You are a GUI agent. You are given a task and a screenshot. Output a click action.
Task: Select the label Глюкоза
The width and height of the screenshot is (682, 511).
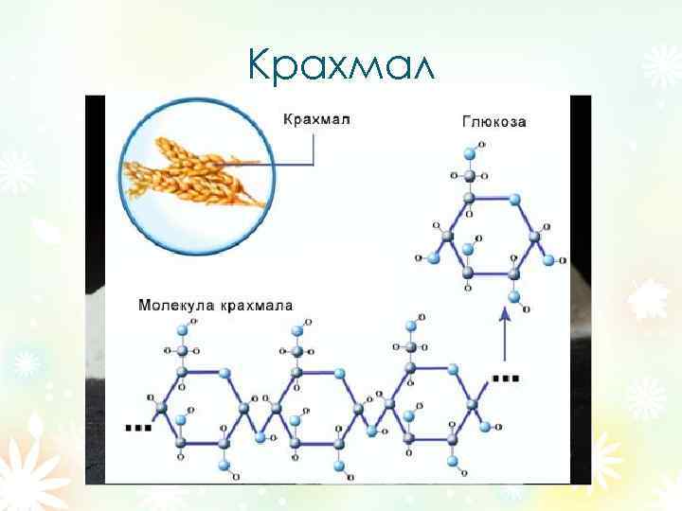[494, 121]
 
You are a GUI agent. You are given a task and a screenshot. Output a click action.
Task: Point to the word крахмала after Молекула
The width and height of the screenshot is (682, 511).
[257, 306]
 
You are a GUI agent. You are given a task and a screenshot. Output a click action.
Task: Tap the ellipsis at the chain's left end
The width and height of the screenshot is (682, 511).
[138, 427]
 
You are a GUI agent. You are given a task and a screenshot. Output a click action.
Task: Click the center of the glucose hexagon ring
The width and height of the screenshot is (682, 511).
[491, 236]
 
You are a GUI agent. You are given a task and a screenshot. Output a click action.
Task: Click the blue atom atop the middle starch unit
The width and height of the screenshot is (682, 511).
[297, 329]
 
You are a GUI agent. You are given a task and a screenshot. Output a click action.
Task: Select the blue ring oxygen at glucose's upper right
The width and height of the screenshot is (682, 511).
[515, 200]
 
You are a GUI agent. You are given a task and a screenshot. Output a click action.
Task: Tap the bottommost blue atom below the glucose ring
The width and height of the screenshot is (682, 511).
[514, 297]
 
